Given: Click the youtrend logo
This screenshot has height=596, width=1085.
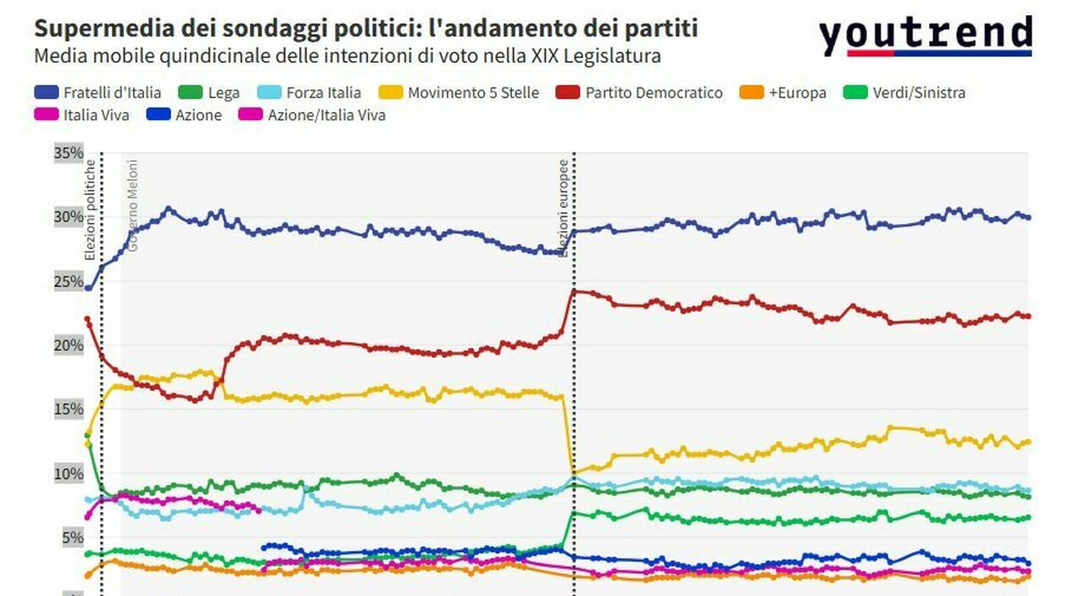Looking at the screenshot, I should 925,36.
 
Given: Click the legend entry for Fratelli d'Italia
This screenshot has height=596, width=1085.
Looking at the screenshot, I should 97,92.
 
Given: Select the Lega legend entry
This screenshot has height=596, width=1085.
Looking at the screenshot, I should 210,92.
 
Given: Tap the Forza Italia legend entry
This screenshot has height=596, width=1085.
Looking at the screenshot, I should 310,92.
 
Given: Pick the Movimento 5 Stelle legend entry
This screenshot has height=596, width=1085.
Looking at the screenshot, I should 460,92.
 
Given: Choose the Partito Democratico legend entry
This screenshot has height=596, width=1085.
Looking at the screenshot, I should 641,92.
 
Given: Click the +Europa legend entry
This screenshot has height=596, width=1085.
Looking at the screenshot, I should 784,92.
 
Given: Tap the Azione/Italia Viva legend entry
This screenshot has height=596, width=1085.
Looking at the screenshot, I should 314,114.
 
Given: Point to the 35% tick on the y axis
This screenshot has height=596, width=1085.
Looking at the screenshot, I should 69,153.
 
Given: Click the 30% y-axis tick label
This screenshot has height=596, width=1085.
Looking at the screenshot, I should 69,217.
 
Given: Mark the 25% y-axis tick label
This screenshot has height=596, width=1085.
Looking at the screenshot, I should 69,281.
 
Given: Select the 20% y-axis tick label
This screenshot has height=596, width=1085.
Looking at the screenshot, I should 69,345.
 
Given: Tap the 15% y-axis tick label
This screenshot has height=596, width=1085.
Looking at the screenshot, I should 69,409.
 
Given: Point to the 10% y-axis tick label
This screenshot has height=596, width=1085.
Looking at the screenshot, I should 69,473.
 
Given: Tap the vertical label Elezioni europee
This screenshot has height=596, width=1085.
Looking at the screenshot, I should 563,208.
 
